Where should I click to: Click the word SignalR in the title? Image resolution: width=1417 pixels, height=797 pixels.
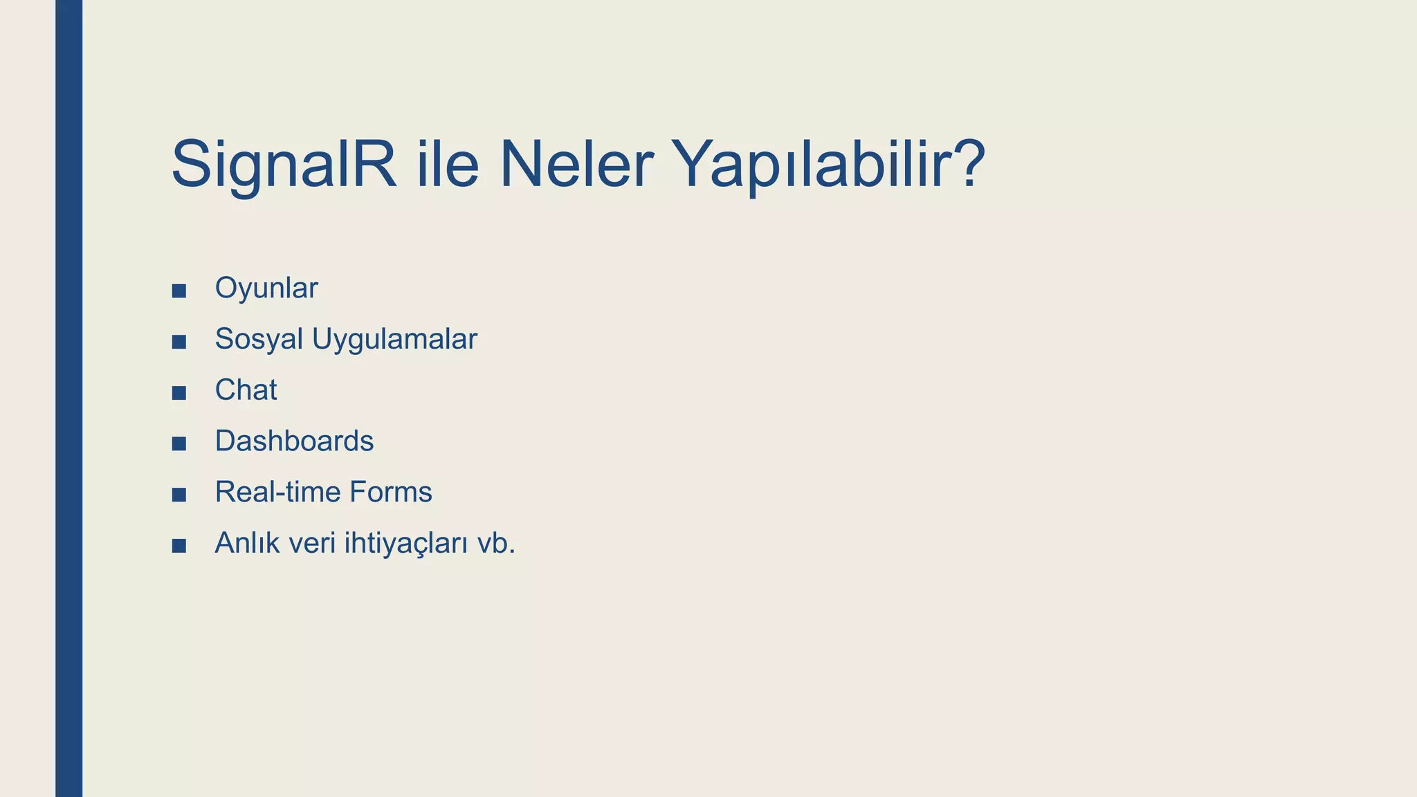pos(284,165)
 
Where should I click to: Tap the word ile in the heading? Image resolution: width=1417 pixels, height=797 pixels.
pos(448,165)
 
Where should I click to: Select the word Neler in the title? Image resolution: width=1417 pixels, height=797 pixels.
pos(576,165)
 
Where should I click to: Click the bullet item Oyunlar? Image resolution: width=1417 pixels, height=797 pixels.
pos(266,288)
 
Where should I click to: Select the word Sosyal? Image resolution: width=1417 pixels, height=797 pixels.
pos(259,339)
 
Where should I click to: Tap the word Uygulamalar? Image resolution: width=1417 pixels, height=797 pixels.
pos(394,339)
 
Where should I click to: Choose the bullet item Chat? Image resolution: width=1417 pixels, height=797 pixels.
pos(246,390)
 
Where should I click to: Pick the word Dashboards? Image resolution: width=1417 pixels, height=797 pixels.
pos(294,441)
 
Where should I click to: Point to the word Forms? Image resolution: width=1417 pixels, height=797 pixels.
pos(390,493)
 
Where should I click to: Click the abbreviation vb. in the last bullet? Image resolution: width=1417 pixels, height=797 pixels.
pos(496,543)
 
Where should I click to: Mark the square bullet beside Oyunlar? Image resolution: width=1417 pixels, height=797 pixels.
pos(179,291)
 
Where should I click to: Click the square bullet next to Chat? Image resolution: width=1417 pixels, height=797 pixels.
pos(179,393)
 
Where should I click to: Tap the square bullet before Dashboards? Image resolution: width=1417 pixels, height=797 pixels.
pos(179,443)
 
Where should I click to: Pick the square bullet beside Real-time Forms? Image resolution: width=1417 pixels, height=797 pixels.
pos(179,495)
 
